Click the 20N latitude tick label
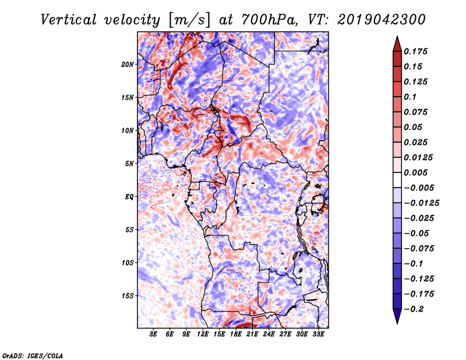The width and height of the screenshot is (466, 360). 128,64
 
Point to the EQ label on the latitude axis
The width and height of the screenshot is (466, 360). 129,196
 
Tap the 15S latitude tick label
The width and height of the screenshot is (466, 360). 128,295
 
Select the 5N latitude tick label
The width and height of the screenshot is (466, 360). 129,163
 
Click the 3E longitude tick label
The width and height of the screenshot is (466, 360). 153,334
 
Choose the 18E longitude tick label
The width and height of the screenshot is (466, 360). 235,334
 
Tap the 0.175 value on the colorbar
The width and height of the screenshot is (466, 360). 417,51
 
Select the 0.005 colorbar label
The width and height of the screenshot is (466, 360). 417,172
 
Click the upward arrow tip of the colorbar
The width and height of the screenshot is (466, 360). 396,38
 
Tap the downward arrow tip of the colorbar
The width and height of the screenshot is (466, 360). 396,321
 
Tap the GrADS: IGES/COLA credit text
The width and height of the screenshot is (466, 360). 33,355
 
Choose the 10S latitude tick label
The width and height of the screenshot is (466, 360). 128,262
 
